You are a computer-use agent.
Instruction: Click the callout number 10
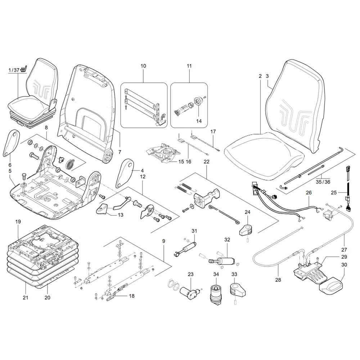coord(143,66)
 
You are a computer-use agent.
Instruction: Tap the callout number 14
coord(199,121)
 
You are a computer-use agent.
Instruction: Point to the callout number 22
coord(206,162)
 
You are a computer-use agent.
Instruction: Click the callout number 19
coord(18,222)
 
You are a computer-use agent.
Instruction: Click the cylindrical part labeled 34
coord(215,295)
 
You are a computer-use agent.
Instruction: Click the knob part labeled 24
coord(246,229)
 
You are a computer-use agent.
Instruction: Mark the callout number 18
coord(131,296)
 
